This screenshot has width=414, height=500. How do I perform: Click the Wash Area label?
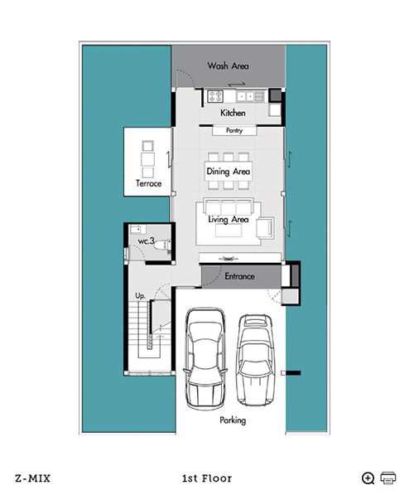pyautogui.click(x=228, y=66)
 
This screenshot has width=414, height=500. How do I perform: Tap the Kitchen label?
pyautogui.click(x=233, y=113)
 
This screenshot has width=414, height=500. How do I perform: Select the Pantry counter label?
pyautogui.click(x=234, y=130)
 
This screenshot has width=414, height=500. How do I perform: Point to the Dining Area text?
pyautogui.click(x=229, y=172)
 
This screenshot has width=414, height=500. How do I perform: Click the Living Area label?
pyautogui.click(x=229, y=219)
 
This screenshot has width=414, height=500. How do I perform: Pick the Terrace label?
pyautogui.click(x=148, y=183)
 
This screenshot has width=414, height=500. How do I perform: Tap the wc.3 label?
pyautogui.click(x=147, y=240)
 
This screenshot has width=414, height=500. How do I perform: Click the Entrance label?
pyautogui.click(x=239, y=276)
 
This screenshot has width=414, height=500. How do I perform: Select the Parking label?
pyautogui.click(x=233, y=420)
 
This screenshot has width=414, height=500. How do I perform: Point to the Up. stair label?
pyautogui.click(x=140, y=296)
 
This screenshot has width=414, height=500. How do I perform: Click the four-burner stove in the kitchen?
pyautogui.click(x=215, y=96)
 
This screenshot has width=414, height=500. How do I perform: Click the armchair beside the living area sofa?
pyautogui.click(x=266, y=228)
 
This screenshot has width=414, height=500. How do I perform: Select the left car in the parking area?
pyautogui.click(x=205, y=359)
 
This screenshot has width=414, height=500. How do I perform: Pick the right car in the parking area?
pyautogui.click(x=255, y=360)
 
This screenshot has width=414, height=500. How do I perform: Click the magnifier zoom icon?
pyautogui.click(x=368, y=478)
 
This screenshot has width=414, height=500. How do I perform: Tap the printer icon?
pyautogui.click(x=388, y=478)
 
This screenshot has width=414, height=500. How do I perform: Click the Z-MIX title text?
pyautogui.click(x=32, y=478)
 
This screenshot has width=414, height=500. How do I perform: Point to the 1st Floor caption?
pyautogui.click(x=207, y=478)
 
